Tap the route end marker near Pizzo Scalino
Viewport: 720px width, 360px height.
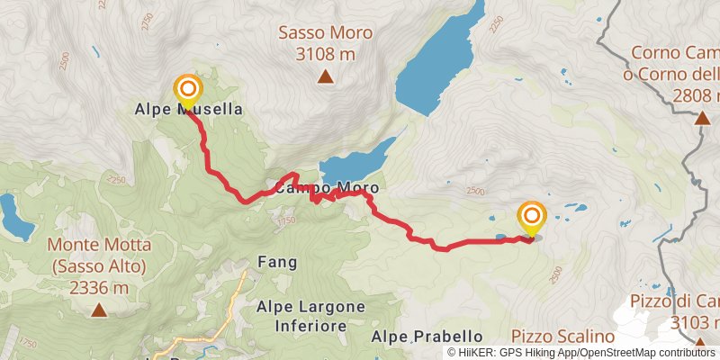[x=532, y=216]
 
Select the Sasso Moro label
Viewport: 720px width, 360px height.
[x=325, y=33]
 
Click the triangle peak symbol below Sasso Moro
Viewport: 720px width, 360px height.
[x=325, y=77]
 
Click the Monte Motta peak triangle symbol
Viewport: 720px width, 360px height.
[x=98, y=310]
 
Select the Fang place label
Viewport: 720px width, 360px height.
[x=277, y=262]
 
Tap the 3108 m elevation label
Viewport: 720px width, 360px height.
[x=325, y=55]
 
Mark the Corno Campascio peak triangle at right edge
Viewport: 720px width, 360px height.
[x=702, y=117]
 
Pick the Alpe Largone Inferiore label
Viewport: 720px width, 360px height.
[x=310, y=315]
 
